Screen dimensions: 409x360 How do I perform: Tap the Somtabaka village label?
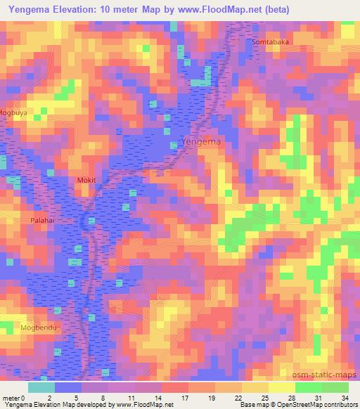(x=271, y=42)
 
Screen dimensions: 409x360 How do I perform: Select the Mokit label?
(x=86, y=181)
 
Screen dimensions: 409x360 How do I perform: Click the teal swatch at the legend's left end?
(x=41, y=387)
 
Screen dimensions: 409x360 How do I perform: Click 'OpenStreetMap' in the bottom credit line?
(x=319, y=405)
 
